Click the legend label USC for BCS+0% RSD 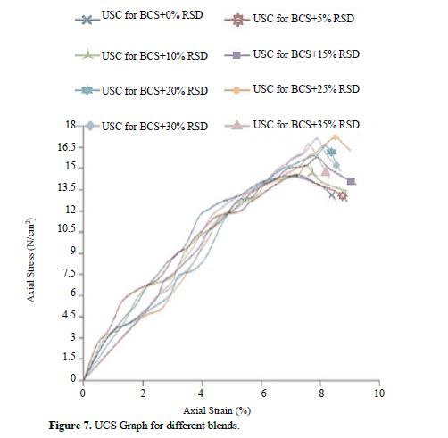(x=152, y=15)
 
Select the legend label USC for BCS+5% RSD (x=303, y=19)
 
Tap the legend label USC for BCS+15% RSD (x=306, y=54)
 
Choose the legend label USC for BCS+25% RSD (x=306, y=89)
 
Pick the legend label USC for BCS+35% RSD (x=306, y=125)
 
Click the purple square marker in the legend (x=236, y=55)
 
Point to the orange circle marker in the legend (x=236, y=90)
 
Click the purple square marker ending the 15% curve (x=351, y=181)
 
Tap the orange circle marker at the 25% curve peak (x=335, y=137)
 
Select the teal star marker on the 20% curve (x=331, y=153)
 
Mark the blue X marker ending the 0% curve (x=332, y=195)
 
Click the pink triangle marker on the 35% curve (x=326, y=171)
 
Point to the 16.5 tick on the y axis (x=67, y=147)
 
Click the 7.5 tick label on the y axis (x=70, y=273)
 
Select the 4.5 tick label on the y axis (x=70, y=316)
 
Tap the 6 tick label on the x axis (x=263, y=393)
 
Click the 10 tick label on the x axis (x=379, y=393)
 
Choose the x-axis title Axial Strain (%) (x=217, y=410)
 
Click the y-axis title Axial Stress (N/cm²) (x=30, y=260)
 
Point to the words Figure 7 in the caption (x=71, y=426)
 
